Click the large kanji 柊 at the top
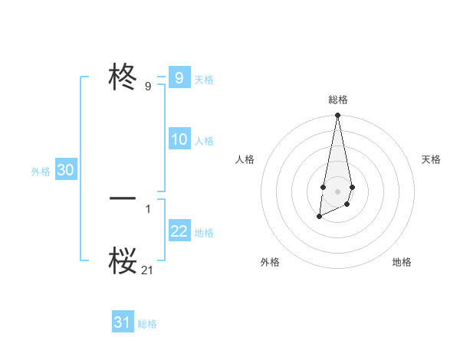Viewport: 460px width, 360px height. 123,77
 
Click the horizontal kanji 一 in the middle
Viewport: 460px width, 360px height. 123,198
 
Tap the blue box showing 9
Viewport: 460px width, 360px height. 179,78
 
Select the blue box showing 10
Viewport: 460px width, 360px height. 179,139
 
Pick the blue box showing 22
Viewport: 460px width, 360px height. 179,231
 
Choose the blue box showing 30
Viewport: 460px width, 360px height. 65,170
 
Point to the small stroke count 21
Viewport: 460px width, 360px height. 148,270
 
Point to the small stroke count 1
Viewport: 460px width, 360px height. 148,208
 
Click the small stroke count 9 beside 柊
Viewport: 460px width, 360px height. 148,87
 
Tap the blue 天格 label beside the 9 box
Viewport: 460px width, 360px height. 204,80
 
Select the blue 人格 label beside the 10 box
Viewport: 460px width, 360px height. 204,141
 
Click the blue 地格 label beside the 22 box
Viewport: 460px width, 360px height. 204,233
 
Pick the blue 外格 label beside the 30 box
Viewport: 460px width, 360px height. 41,172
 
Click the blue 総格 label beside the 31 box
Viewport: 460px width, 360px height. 147,324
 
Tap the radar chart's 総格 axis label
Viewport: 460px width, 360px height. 337,100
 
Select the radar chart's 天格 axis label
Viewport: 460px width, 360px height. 431,159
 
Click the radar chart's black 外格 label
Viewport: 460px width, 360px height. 270,262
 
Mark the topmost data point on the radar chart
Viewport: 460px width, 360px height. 337,116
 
